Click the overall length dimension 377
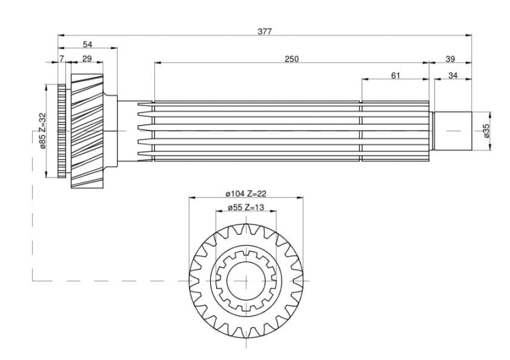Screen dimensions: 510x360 click(x=265, y=31)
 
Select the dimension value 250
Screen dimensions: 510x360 click(x=292, y=59)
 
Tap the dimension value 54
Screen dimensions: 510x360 click(x=87, y=44)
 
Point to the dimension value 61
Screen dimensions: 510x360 click(x=395, y=76)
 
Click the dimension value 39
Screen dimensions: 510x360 click(x=450, y=59)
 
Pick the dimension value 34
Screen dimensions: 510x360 click(x=453, y=76)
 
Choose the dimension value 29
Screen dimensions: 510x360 click(x=87, y=59)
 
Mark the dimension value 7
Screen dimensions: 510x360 click(x=62, y=59)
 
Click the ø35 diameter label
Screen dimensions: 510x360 click(x=486, y=131)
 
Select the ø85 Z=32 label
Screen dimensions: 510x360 click(x=42, y=131)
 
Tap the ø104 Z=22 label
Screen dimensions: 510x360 click(x=246, y=194)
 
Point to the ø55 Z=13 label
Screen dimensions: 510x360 click(x=246, y=208)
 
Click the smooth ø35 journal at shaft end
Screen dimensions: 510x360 click(x=453, y=131)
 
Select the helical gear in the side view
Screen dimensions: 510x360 click(x=87, y=131)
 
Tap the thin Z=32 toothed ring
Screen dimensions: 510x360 click(x=61, y=131)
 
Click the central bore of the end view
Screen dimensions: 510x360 click(x=246, y=280)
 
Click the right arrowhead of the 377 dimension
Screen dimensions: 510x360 click(x=469, y=35)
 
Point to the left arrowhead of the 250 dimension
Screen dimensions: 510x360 click(x=158, y=62)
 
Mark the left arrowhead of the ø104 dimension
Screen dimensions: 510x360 click(x=192, y=197)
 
